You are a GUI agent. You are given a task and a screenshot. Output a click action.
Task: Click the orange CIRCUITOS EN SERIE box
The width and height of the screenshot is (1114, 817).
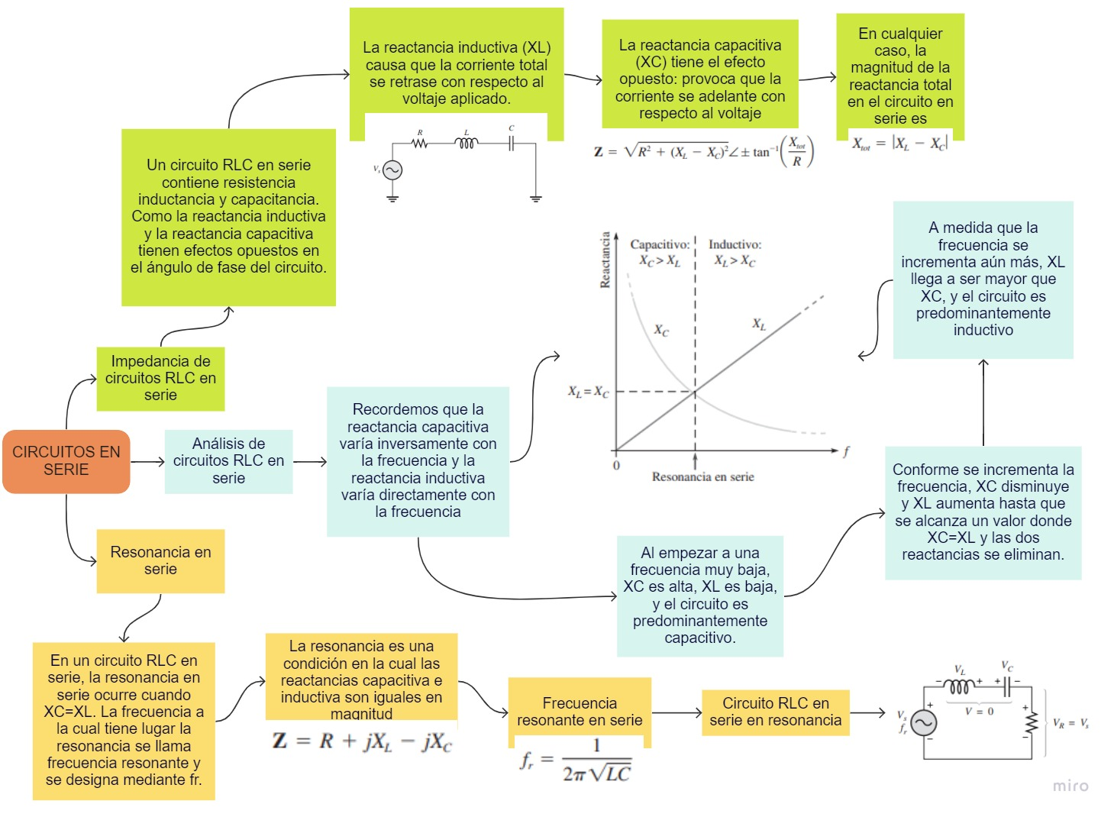[66, 461]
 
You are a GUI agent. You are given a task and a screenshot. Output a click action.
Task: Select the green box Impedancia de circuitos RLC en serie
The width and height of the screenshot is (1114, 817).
[160, 378]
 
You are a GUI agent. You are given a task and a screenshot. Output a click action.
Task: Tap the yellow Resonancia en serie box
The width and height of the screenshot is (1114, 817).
[160, 560]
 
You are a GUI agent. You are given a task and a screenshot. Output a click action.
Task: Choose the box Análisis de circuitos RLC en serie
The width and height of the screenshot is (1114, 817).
[228, 461]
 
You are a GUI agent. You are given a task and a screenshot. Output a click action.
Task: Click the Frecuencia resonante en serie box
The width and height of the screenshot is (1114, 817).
[580, 711]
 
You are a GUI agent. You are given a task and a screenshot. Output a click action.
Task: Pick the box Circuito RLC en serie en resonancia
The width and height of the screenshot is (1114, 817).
[775, 712]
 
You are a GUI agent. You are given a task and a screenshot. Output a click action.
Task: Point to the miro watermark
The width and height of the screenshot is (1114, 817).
[1070, 786]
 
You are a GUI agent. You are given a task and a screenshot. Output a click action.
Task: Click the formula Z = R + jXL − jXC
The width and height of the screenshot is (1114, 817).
[362, 741]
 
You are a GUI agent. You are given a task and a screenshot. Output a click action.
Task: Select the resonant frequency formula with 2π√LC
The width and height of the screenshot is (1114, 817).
[576, 761]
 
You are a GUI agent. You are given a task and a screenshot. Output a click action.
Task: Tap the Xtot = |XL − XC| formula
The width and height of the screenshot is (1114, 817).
[899, 144]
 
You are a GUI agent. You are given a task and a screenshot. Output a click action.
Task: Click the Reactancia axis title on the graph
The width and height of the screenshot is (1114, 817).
[605, 260]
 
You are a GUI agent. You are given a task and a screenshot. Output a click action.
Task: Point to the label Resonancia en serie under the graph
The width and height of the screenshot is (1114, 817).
[702, 477]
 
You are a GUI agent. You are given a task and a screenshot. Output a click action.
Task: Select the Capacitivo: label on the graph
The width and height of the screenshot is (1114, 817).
[660, 244]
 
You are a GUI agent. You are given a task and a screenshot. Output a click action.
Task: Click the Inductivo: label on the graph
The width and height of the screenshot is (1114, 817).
[735, 244]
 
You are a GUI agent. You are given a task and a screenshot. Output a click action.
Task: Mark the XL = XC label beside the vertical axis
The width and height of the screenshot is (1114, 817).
[588, 392]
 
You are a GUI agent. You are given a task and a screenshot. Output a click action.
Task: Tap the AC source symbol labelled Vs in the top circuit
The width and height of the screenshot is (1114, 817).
[392, 170]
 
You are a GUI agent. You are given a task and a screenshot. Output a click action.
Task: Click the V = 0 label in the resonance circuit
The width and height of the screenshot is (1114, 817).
[980, 711]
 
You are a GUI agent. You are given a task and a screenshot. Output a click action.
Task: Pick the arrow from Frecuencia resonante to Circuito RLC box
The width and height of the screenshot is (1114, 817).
[676, 713]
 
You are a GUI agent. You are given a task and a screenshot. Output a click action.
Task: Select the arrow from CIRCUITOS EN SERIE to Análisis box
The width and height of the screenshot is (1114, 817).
[147, 461]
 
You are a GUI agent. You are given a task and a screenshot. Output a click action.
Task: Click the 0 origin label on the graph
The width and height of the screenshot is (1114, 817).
[616, 466]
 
